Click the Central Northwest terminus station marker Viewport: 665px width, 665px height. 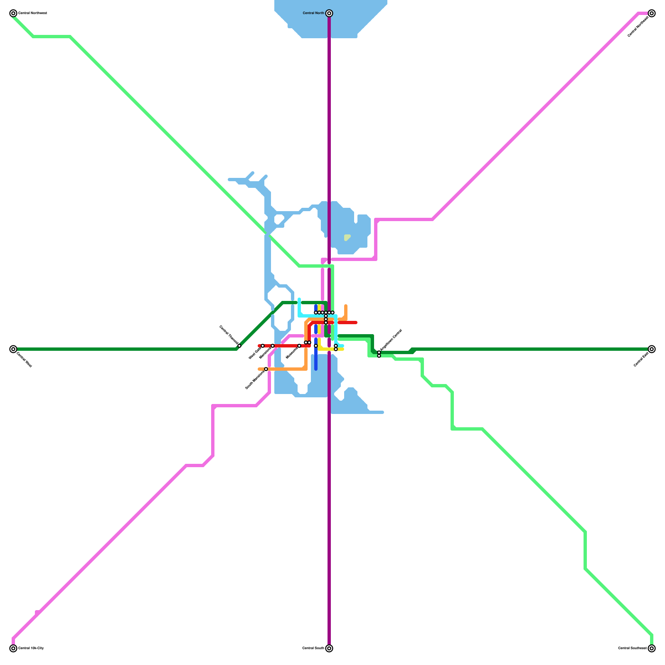(x=13, y=13)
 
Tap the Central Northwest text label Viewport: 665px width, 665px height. (x=32, y=13)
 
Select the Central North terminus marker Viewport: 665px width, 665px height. (x=329, y=13)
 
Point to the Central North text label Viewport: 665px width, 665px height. (x=313, y=13)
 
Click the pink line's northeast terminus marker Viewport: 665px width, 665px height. (x=652, y=13)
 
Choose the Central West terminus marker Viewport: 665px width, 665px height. (x=13, y=349)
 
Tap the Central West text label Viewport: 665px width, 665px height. (x=24, y=360)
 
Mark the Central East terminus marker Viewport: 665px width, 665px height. (x=652, y=349)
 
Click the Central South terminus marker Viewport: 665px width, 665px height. (x=329, y=648)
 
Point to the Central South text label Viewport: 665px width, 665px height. (x=313, y=648)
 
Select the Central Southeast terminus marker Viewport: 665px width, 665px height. (x=652, y=648)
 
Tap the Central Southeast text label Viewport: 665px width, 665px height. (x=632, y=648)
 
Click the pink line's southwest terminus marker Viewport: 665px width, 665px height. (x=13, y=648)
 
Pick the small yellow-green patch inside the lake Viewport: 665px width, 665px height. (x=347, y=237)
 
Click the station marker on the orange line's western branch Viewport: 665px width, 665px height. (x=266, y=369)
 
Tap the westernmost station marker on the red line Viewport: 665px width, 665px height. (x=263, y=346)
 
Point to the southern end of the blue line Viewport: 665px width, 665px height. (x=316, y=369)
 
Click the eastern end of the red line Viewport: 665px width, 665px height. (x=356, y=323)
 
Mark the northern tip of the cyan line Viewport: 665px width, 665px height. (x=299, y=299)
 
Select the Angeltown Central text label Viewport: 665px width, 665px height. (x=391, y=340)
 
